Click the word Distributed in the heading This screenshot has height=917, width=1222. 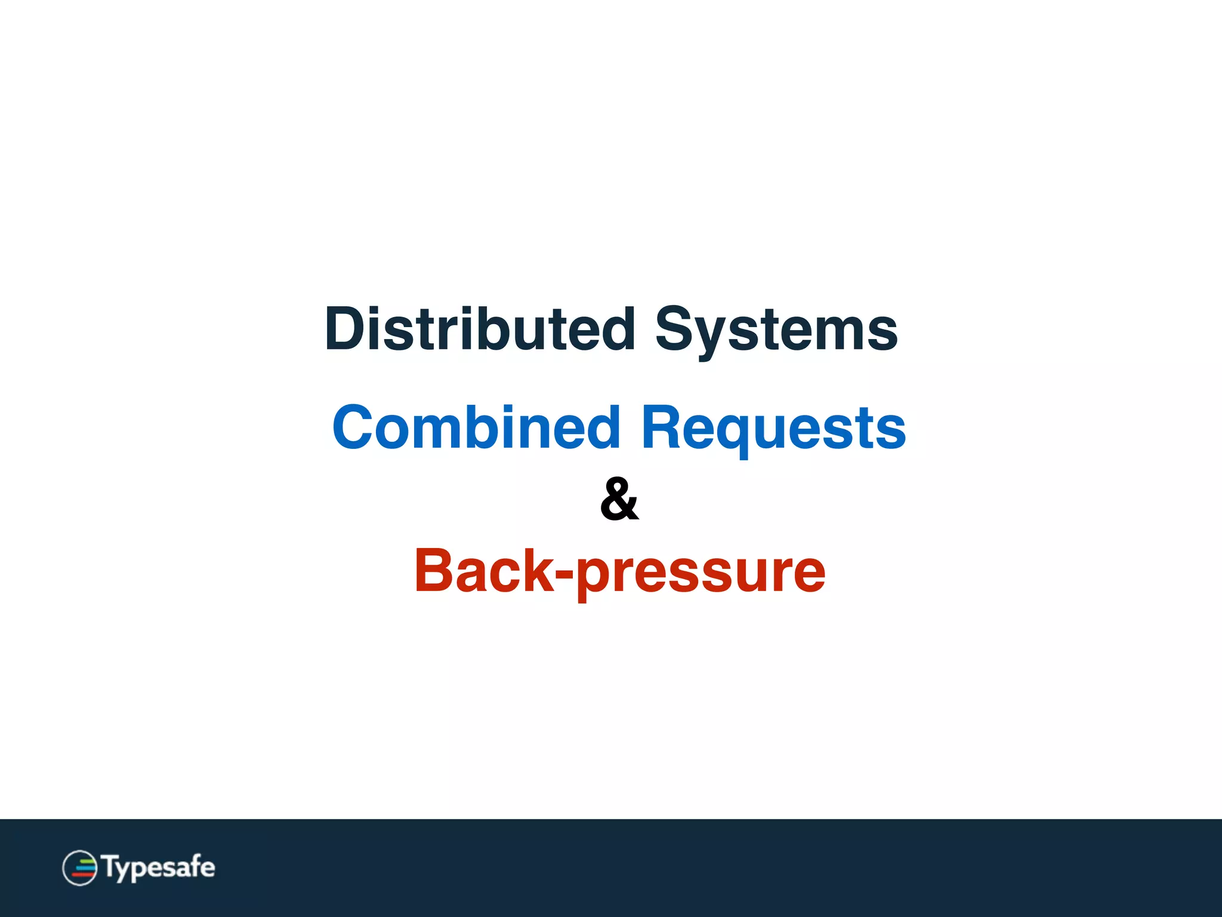480,330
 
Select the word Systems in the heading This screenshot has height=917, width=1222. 776,330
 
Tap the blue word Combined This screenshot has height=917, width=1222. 476,427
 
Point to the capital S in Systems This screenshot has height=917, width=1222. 676,330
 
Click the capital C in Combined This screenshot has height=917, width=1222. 354,427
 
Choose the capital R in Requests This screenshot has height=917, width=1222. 661,427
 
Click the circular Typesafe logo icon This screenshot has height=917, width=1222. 79,867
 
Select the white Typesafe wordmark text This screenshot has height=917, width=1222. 159,867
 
